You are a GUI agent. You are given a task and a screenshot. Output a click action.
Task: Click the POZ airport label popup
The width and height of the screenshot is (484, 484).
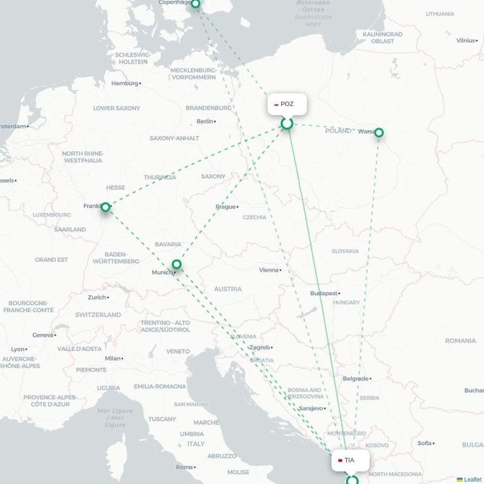tap(287, 104)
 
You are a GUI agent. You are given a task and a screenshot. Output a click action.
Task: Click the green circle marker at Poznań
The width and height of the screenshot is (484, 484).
tap(287, 123)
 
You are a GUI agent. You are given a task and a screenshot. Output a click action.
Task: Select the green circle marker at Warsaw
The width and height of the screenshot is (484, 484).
tap(379, 132)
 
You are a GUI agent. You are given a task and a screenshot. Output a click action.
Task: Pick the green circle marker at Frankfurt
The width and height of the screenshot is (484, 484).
tap(105, 207)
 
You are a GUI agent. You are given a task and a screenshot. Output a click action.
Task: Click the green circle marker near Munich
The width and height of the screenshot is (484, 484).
tap(177, 264)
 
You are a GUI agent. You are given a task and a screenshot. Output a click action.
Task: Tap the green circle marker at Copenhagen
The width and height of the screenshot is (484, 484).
tap(195, 4)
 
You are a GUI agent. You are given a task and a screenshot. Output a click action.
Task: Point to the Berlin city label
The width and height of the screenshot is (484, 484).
tap(204, 122)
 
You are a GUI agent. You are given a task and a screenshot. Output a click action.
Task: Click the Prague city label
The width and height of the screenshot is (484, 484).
tap(226, 207)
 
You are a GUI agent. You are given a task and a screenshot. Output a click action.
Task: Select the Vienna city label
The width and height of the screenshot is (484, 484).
tap(269, 270)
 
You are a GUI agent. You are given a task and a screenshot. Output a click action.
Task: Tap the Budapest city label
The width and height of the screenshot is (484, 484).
tap(323, 293)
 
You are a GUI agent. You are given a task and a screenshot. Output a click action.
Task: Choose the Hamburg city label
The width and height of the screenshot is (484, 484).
tap(125, 83)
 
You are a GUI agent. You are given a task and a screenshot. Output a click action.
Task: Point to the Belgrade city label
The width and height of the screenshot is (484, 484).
tap(355, 379)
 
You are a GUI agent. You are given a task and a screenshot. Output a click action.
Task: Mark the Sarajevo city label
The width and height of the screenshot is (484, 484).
tap(311, 408)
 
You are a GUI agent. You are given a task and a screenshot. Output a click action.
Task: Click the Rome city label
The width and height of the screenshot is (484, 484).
tap(184, 467)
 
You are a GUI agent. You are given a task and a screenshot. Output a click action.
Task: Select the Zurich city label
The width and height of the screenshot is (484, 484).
tap(97, 298)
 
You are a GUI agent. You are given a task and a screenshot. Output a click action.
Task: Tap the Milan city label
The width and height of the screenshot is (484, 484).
tap(113, 358)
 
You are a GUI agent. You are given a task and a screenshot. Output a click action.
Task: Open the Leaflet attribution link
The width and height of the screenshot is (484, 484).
tap(473, 479)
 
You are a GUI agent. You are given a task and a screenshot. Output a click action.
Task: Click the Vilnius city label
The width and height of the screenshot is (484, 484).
tap(466, 41)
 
